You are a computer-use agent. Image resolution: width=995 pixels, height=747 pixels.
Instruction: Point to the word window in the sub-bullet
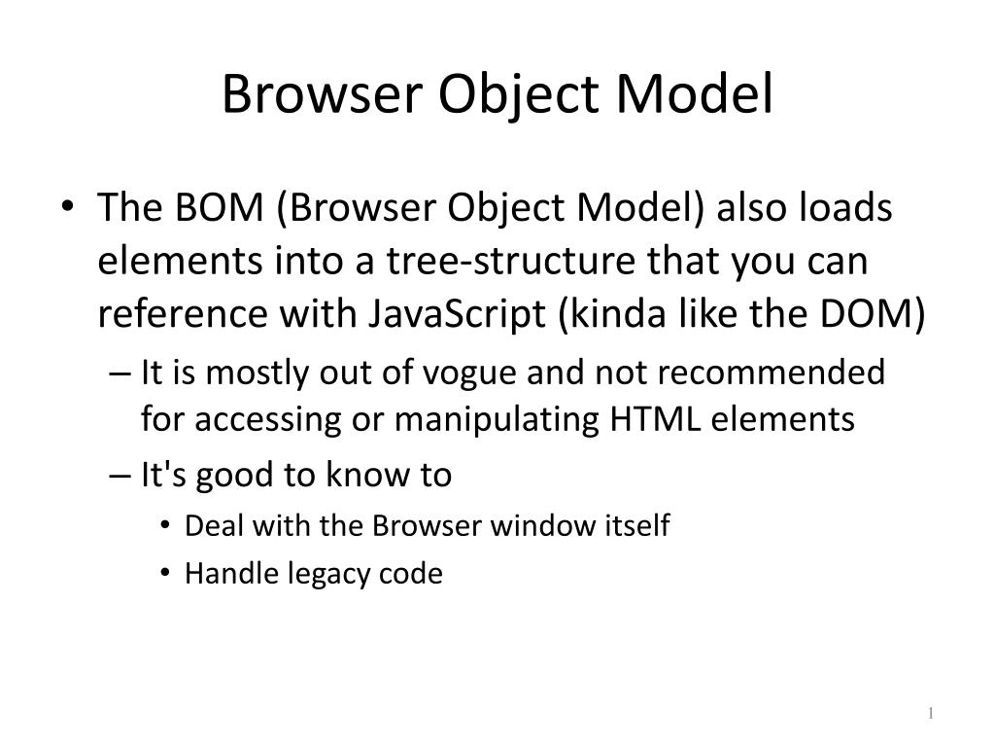tap(536, 526)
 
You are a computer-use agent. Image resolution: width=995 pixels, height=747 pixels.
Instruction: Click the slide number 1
tap(930, 715)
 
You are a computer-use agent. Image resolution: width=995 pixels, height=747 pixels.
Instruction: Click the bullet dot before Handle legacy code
tap(167, 575)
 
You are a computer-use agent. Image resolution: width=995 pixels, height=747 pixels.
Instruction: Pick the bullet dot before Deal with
tap(167, 527)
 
